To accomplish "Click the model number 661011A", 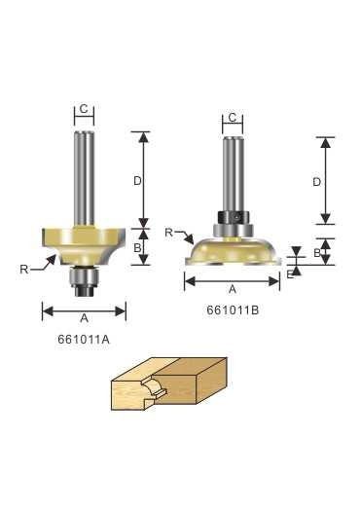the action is (84, 340).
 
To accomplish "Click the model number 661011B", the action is (233, 310).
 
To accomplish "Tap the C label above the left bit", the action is (84, 109).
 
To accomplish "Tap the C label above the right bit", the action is (233, 118).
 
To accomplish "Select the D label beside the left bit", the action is (137, 181).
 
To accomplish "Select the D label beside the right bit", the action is (317, 182).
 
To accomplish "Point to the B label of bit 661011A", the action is (137, 248).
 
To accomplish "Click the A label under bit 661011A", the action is (85, 317).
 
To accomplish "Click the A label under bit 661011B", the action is (233, 289).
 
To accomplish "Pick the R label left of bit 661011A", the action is (23, 270).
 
